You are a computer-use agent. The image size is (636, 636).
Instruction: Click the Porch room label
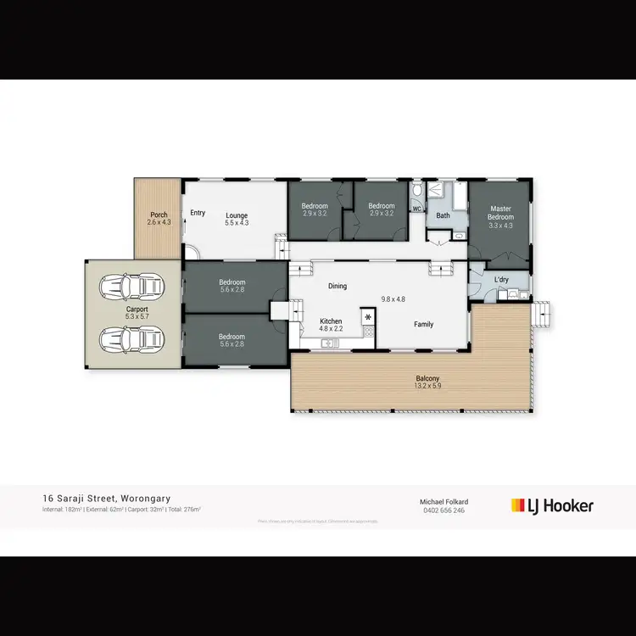pyautogui.click(x=159, y=215)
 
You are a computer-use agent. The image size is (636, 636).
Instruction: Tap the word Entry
pyautogui.click(x=198, y=213)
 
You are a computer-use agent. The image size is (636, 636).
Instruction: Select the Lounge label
pyautogui.click(x=237, y=215)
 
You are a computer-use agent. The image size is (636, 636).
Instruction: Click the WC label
pyautogui.click(x=416, y=209)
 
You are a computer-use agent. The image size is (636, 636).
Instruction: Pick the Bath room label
pyautogui.click(x=443, y=216)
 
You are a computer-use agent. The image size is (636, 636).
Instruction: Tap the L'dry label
pyautogui.click(x=501, y=279)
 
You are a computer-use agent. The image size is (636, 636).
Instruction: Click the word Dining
pyautogui.click(x=338, y=286)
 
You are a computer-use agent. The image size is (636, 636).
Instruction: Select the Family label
pyautogui.click(x=423, y=324)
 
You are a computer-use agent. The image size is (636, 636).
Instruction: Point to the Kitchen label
pyautogui.click(x=331, y=321)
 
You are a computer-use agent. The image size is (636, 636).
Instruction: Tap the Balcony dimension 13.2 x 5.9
pyautogui.click(x=427, y=386)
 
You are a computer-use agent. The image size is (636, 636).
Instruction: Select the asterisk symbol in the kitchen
pyautogui.click(x=368, y=317)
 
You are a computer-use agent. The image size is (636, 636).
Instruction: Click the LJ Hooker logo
pyautogui.click(x=552, y=505)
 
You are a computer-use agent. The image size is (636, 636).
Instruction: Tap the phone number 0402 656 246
pyautogui.click(x=444, y=510)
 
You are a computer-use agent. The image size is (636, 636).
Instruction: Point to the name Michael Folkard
pyautogui.click(x=444, y=502)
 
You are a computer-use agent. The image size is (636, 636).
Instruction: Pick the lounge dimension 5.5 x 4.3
pyautogui.click(x=237, y=222)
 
